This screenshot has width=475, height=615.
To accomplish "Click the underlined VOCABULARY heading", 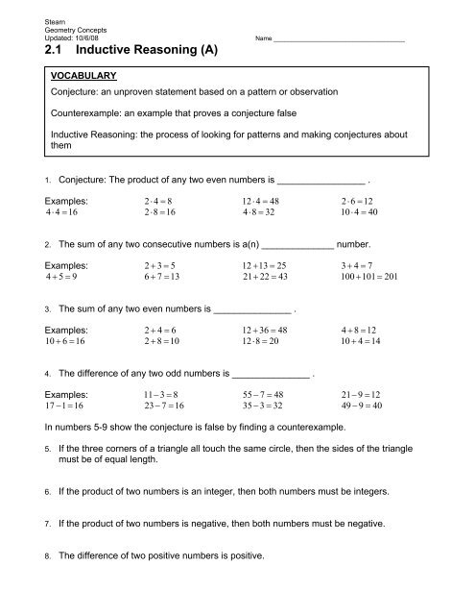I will point(84,74).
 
